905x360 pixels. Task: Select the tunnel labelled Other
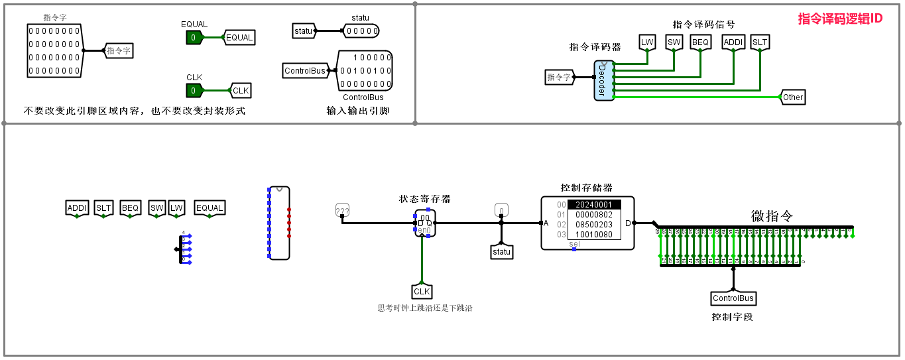pyautogui.click(x=792, y=97)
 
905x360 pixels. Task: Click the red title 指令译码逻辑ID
pyautogui.click(x=840, y=19)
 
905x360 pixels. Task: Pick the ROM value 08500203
pyautogui.click(x=594, y=225)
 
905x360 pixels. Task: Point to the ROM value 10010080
pyautogui.click(x=594, y=235)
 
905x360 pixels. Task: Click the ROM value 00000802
pyautogui.click(x=594, y=215)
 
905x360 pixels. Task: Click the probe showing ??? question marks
pyautogui.click(x=342, y=211)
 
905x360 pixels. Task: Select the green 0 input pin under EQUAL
pyautogui.click(x=194, y=38)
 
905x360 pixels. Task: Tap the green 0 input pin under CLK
pyautogui.click(x=194, y=91)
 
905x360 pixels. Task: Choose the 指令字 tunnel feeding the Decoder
pyautogui.click(x=559, y=78)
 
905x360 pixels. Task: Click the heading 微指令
pyautogui.click(x=772, y=216)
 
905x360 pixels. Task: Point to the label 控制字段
pyautogui.click(x=732, y=317)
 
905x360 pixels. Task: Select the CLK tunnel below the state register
pyautogui.click(x=422, y=292)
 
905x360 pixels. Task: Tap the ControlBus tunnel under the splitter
pyautogui.click(x=733, y=299)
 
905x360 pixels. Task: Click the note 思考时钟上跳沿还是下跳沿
pyautogui.click(x=424, y=308)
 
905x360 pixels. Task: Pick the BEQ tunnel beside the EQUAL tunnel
pyautogui.click(x=131, y=208)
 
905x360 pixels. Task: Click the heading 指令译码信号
pyautogui.click(x=703, y=25)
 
